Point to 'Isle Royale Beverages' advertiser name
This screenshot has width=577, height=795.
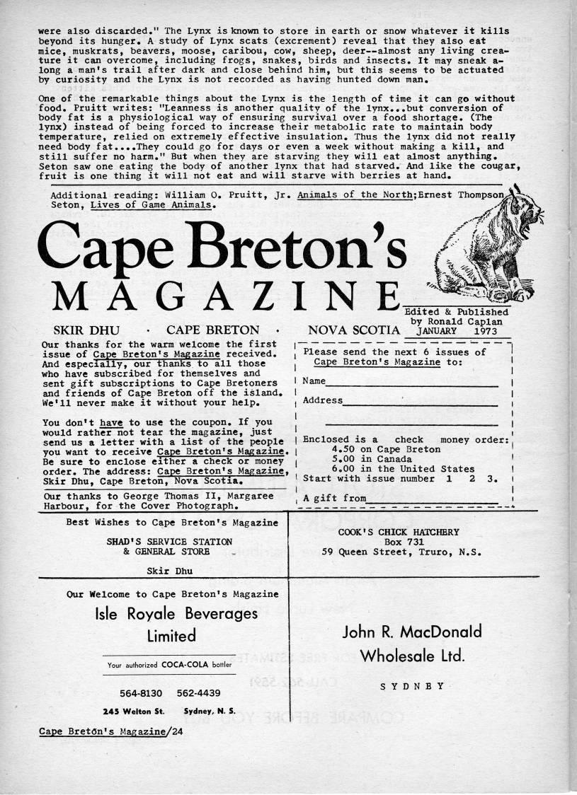click(x=176, y=613)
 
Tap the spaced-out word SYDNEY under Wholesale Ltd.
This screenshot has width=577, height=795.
click(x=411, y=685)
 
